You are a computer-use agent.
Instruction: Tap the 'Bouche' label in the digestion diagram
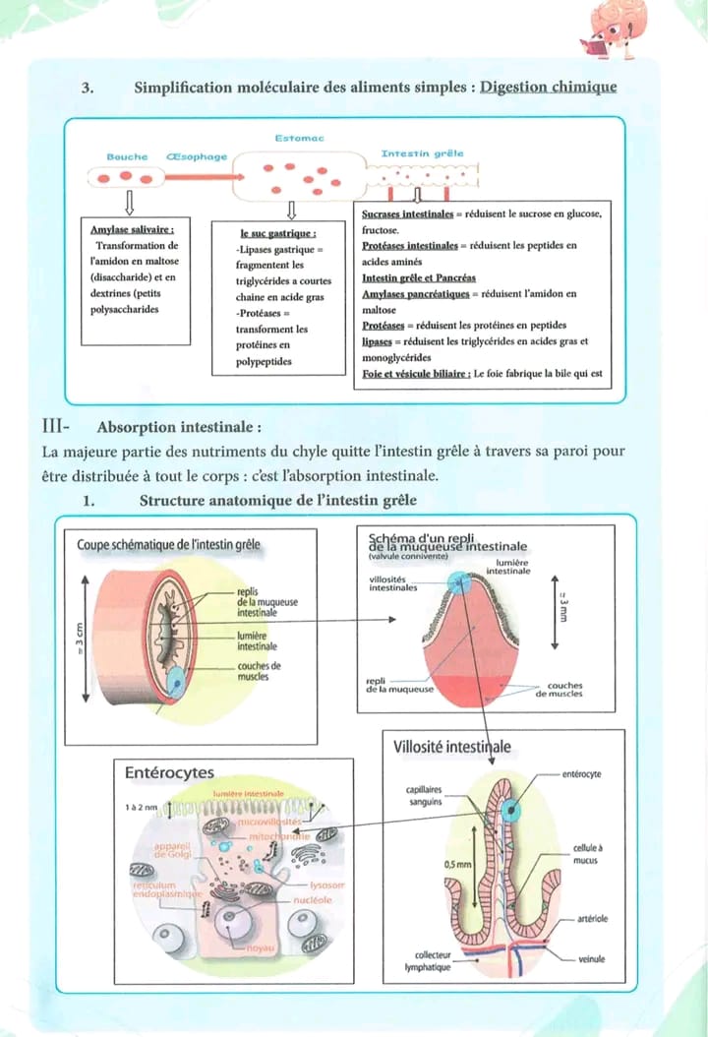127,156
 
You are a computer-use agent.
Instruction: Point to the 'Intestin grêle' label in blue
422,153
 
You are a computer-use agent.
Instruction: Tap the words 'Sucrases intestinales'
407,213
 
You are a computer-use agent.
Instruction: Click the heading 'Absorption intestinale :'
179,428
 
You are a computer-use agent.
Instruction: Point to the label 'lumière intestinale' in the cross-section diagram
257,641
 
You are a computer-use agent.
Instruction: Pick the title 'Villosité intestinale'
451,747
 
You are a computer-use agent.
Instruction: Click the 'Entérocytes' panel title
169,772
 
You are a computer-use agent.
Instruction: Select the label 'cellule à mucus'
587,853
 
